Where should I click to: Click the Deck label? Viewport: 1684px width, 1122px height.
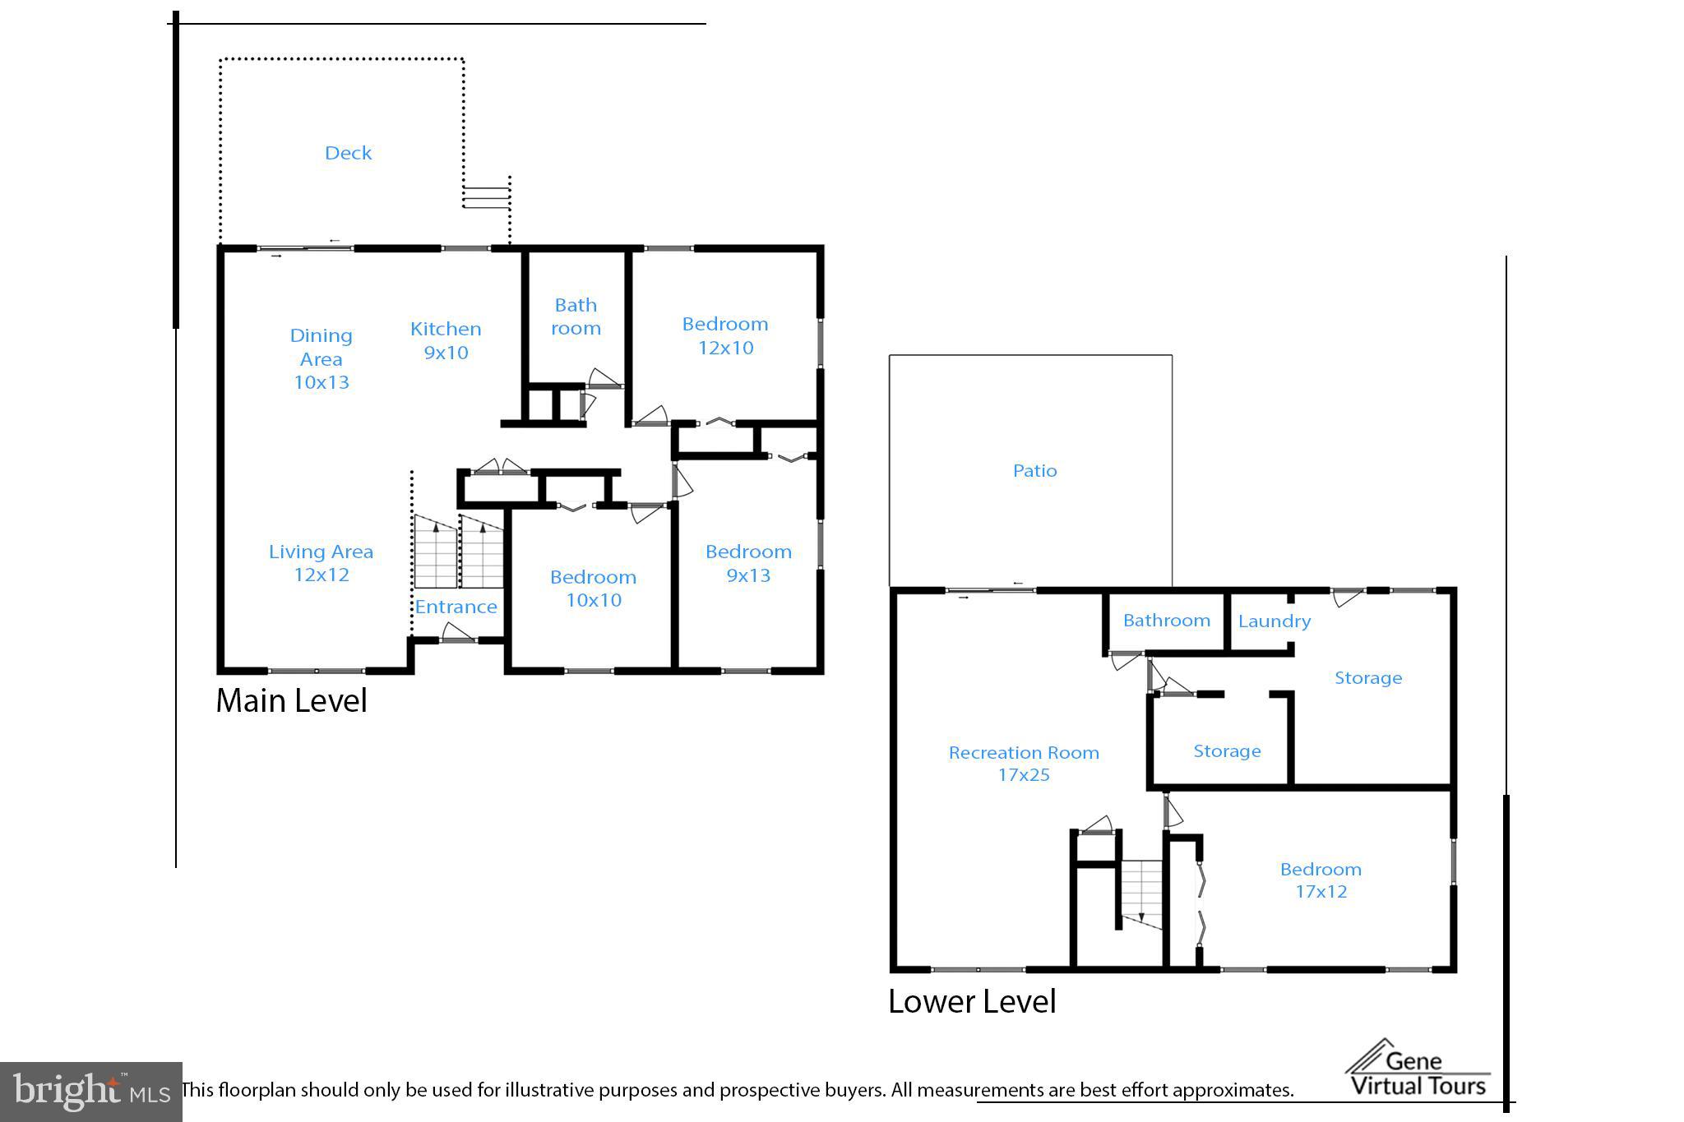pyautogui.click(x=348, y=153)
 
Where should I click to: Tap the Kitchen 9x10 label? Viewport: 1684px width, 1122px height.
pyautogui.click(x=446, y=340)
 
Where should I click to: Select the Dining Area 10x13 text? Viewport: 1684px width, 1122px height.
pyautogui.click(x=321, y=358)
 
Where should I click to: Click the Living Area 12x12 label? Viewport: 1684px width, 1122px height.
pyautogui.click(x=321, y=563)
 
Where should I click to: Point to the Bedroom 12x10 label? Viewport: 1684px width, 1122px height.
pyautogui.click(x=725, y=335)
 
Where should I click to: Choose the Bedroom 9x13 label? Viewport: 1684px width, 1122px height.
pyautogui.click(x=748, y=563)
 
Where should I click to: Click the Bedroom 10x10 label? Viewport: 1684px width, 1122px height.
pyautogui.click(x=593, y=589)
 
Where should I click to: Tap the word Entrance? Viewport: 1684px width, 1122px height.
pyautogui.click(x=456, y=607)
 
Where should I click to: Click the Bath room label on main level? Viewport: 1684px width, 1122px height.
pyautogui.click(x=576, y=316)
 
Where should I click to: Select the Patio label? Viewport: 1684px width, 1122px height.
pyautogui.click(x=1034, y=471)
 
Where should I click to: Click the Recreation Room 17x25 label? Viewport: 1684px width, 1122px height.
pyautogui.click(x=1024, y=764)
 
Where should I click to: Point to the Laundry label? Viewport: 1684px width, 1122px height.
pyautogui.click(x=1274, y=621)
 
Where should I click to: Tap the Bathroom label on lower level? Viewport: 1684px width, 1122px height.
pyautogui.click(x=1166, y=621)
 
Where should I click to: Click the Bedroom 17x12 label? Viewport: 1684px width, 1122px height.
pyautogui.click(x=1321, y=880)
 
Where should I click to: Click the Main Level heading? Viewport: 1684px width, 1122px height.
pyautogui.click(x=291, y=701)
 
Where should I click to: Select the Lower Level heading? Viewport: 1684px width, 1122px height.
pyautogui.click(x=972, y=1002)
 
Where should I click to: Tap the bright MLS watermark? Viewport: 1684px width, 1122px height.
pyautogui.click(x=90, y=1092)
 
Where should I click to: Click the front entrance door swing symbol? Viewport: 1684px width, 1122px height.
pyautogui.click(x=458, y=633)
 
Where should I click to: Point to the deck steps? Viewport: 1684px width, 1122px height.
pyautogui.click(x=486, y=197)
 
